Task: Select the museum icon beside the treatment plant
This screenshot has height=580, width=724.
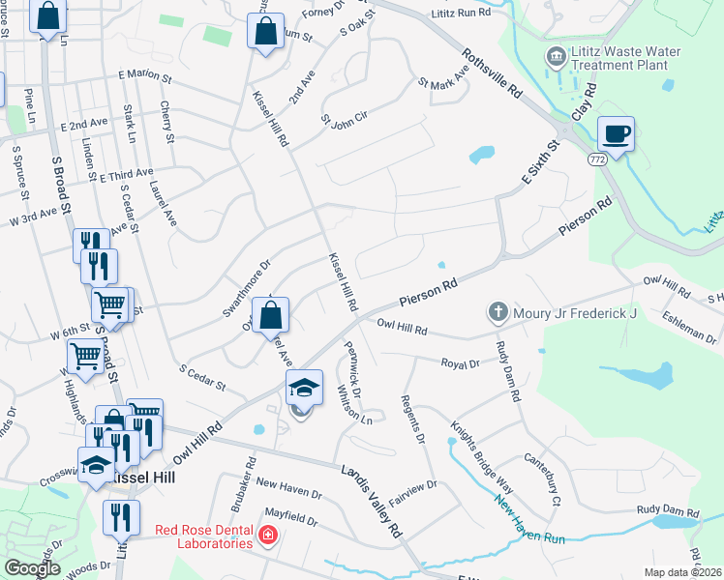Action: tap(555, 53)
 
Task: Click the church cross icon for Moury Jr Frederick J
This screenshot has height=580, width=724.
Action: tap(498, 312)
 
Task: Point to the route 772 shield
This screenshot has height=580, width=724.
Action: tap(597, 156)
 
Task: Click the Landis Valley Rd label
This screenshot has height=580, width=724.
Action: tap(371, 500)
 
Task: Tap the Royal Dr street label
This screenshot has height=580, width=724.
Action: tap(461, 364)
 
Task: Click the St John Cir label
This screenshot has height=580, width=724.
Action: tap(345, 121)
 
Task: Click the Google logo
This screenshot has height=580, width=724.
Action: tap(32, 567)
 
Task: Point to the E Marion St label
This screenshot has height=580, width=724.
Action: tap(144, 74)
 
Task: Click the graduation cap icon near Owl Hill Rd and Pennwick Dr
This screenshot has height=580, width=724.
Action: tap(304, 389)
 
